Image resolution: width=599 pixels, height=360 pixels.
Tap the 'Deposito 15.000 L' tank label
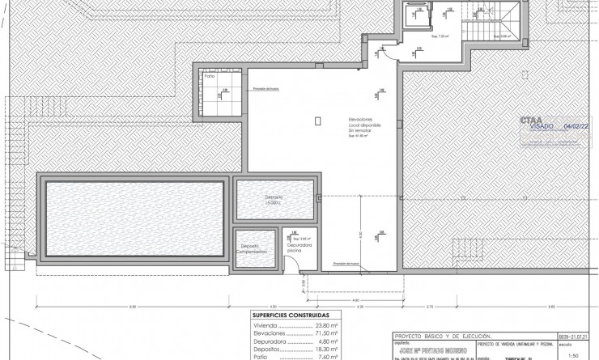click(274, 200)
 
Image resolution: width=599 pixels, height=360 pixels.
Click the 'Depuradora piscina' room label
click(297, 248)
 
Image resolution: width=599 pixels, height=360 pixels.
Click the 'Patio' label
click(210, 78)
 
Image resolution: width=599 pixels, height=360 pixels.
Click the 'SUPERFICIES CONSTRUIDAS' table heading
click(279, 316)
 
